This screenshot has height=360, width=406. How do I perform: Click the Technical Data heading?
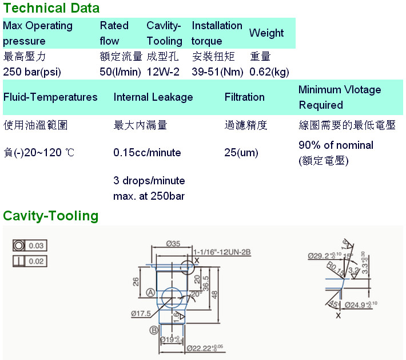[x=51, y=8]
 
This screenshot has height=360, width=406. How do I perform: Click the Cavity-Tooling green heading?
[x=51, y=216]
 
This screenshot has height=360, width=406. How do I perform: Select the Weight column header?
[x=266, y=33]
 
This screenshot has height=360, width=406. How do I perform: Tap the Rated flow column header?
[x=114, y=33]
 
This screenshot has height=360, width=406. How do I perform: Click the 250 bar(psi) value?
[x=32, y=72]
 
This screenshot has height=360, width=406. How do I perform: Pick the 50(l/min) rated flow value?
[x=120, y=72]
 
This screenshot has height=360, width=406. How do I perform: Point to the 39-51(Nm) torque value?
[x=218, y=72]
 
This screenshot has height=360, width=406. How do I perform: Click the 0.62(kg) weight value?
[x=269, y=72]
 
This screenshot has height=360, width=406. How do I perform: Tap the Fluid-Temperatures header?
[x=50, y=97]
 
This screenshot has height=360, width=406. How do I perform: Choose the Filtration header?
[x=245, y=97]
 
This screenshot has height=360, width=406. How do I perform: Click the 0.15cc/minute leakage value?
[x=148, y=153]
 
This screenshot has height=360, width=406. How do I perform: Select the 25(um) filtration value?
[x=241, y=153]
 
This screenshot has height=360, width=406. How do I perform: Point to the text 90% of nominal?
[x=336, y=145]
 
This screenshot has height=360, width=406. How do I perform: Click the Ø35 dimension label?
[x=173, y=244]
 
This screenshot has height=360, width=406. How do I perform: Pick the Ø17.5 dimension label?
[x=140, y=314]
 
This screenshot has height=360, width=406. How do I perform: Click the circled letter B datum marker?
[x=153, y=330]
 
